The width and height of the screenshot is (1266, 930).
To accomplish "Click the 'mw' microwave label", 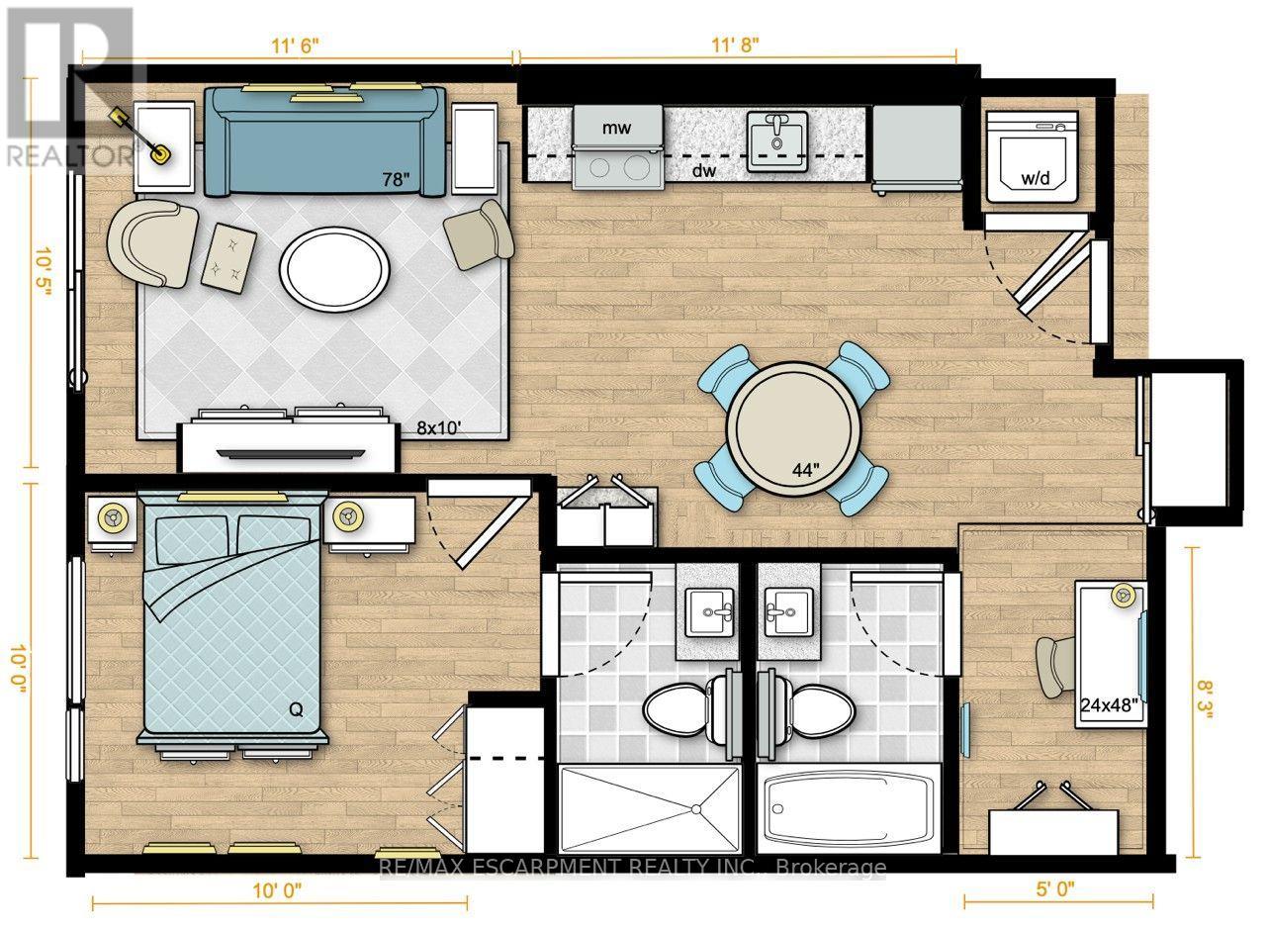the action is point(615,129).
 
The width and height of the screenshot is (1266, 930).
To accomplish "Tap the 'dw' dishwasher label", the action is point(704,170).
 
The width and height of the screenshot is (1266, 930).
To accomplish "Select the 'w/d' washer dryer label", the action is point(1036,179).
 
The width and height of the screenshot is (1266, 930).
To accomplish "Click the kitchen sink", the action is point(777,140).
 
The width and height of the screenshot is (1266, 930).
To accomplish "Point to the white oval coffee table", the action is point(334,269).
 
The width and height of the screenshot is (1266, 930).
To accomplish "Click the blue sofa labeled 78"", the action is point(324,141).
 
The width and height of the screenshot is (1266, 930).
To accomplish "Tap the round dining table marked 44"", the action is point(793,429).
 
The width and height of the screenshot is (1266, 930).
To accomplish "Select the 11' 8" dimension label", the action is point(735,46).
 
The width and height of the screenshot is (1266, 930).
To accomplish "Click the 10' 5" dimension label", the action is point(43,272).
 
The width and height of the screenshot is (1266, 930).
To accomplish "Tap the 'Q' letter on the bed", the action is point(296,709).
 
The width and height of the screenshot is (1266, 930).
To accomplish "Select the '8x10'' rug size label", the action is point(439,428).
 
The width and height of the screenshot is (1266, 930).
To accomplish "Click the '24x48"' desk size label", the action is point(1109,705).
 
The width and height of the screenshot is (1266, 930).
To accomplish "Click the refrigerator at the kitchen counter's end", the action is point(917,148).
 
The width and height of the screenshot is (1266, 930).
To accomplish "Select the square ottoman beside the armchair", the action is point(228,258).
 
